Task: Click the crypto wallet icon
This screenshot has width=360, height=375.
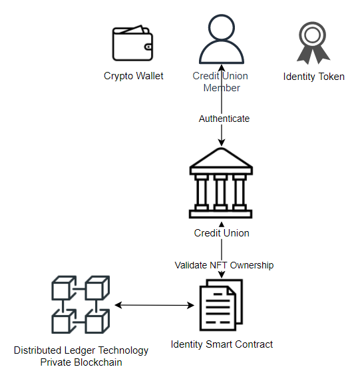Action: point(133,44)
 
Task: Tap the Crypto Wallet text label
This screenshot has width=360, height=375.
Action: point(134,76)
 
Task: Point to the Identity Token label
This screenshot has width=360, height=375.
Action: point(314,77)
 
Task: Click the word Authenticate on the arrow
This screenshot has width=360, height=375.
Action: point(224,119)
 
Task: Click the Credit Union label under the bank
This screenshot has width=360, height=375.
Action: point(222,233)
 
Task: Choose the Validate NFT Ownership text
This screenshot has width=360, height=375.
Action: point(224,265)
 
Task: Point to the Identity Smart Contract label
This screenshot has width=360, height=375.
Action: point(222,344)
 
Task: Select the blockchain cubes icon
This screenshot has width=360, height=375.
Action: point(80,304)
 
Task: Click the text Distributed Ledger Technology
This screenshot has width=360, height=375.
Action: point(81,350)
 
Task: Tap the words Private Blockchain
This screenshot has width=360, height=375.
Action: point(81,362)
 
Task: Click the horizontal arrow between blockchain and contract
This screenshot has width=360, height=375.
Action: point(154,306)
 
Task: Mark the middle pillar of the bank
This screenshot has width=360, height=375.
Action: point(221,192)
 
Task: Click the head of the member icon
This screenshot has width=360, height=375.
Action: point(222,28)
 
